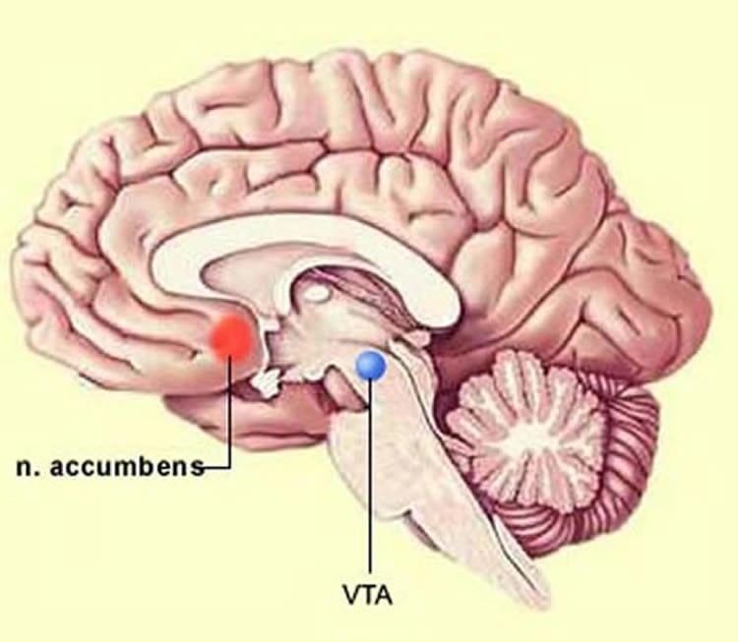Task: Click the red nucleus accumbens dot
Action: pyautogui.click(x=233, y=338)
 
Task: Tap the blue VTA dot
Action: pyautogui.click(x=371, y=366)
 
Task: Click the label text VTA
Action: pyautogui.click(x=368, y=596)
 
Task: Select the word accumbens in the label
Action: pyautogui.click(x=127, y=467)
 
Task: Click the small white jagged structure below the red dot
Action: pyautogui.click(x=268, y=381)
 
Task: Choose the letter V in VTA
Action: pyautogui.click(x=352, y=596)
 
